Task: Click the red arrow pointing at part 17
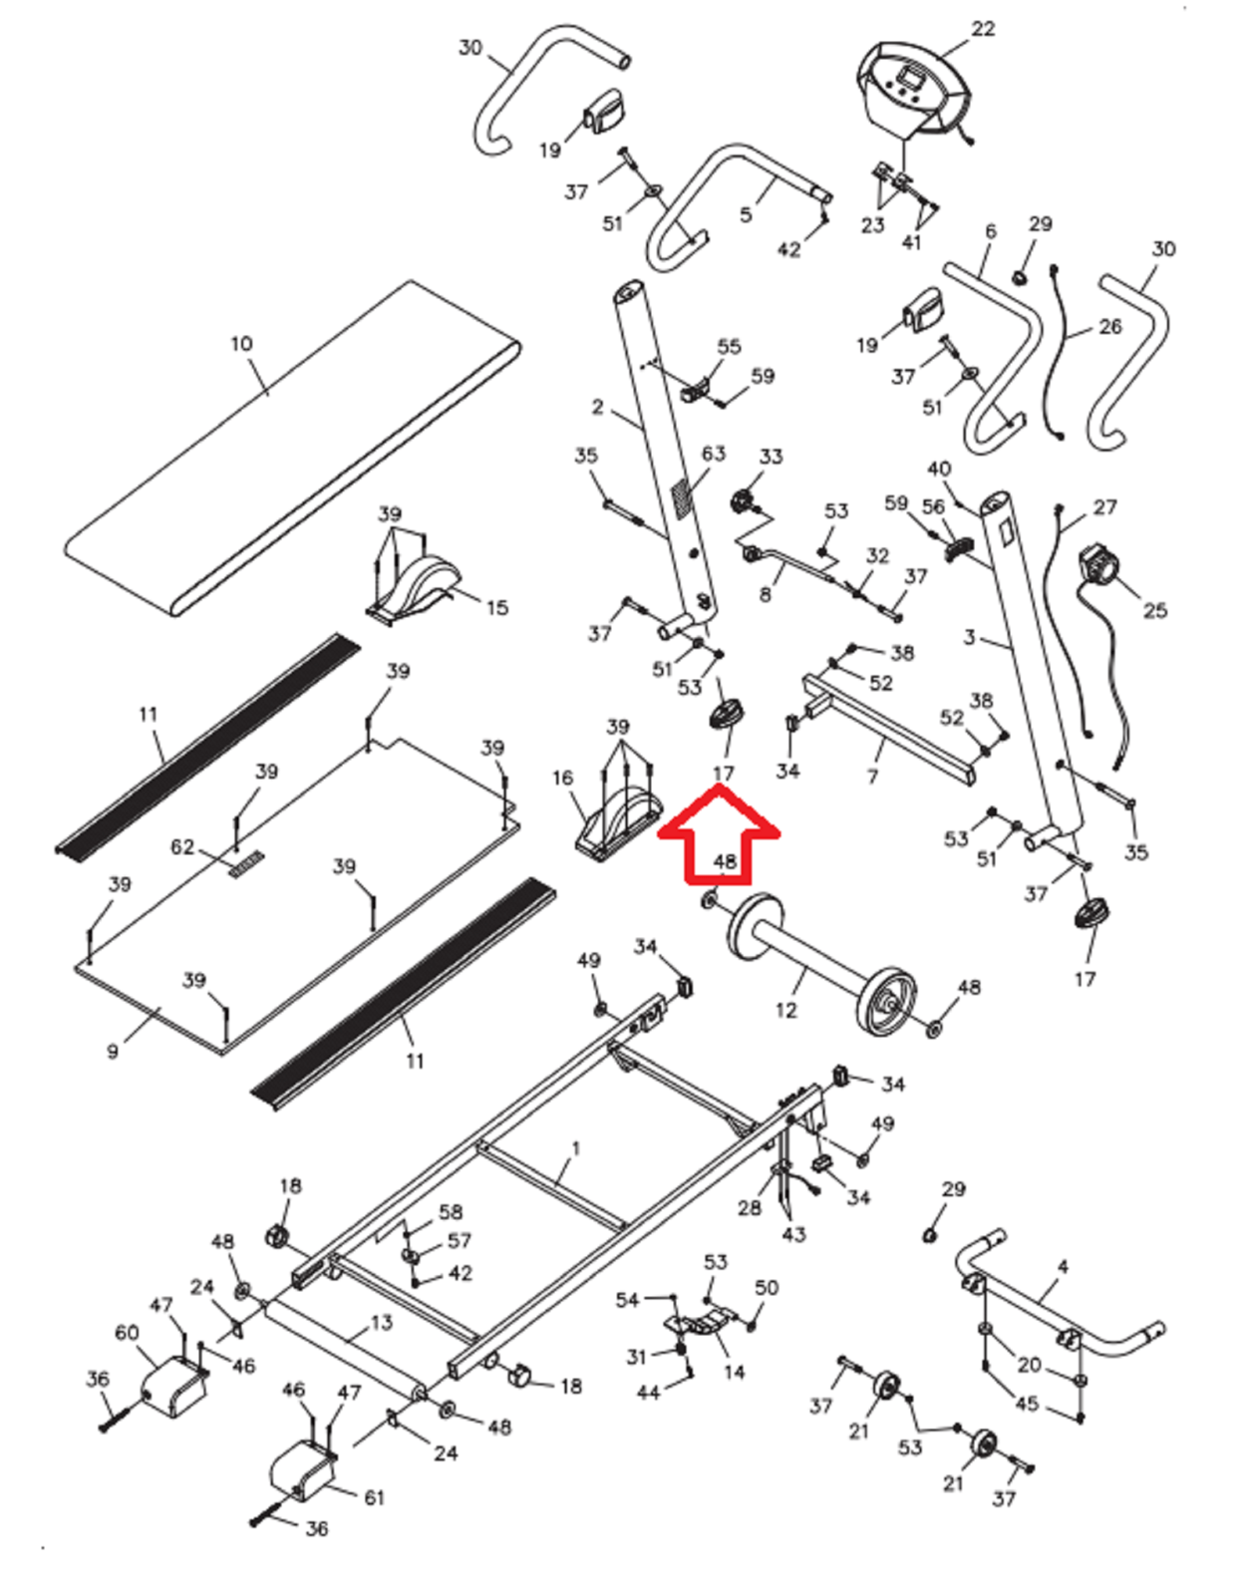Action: tap(721, 833)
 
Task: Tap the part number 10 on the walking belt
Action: tap(241, 344)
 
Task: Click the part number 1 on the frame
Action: tap(575, 1148)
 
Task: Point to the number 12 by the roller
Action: tap(785, 1010)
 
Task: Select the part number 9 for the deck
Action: tap(113, 1051)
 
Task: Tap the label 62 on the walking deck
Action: tap(182, 847)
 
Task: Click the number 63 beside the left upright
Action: tap(714, 454)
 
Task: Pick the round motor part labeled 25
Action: tap(1099, 567)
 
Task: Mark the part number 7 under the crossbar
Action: tap(872, 776)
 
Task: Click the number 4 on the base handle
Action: tap(1063, 1266)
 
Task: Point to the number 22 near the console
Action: tap(983, 29)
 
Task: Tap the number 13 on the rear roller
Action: tap(382, 1322)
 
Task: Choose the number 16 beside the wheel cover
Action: tap(562, 778)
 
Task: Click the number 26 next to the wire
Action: tap(1109, 326)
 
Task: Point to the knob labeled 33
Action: tap(743, 500)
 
